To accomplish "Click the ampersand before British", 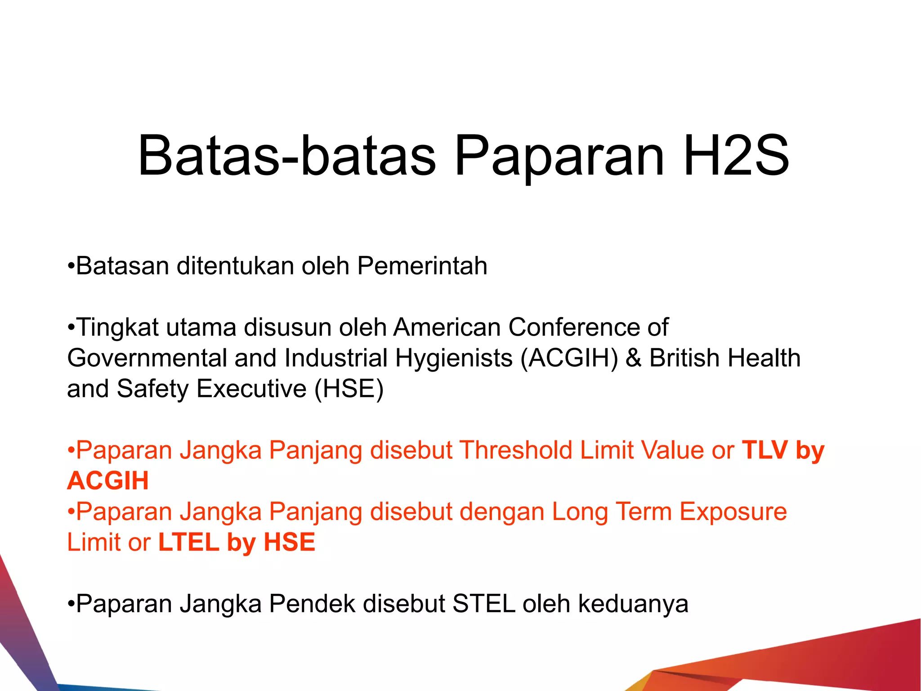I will [x=634, y=359].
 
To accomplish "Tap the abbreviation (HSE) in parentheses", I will [x=349, y=389].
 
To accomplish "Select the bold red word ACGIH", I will [x=108, y=481].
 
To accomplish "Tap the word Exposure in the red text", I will [x=733, y=512].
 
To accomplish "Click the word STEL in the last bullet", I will [x=484, y=604].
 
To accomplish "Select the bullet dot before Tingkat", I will [x=71, y=328].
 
